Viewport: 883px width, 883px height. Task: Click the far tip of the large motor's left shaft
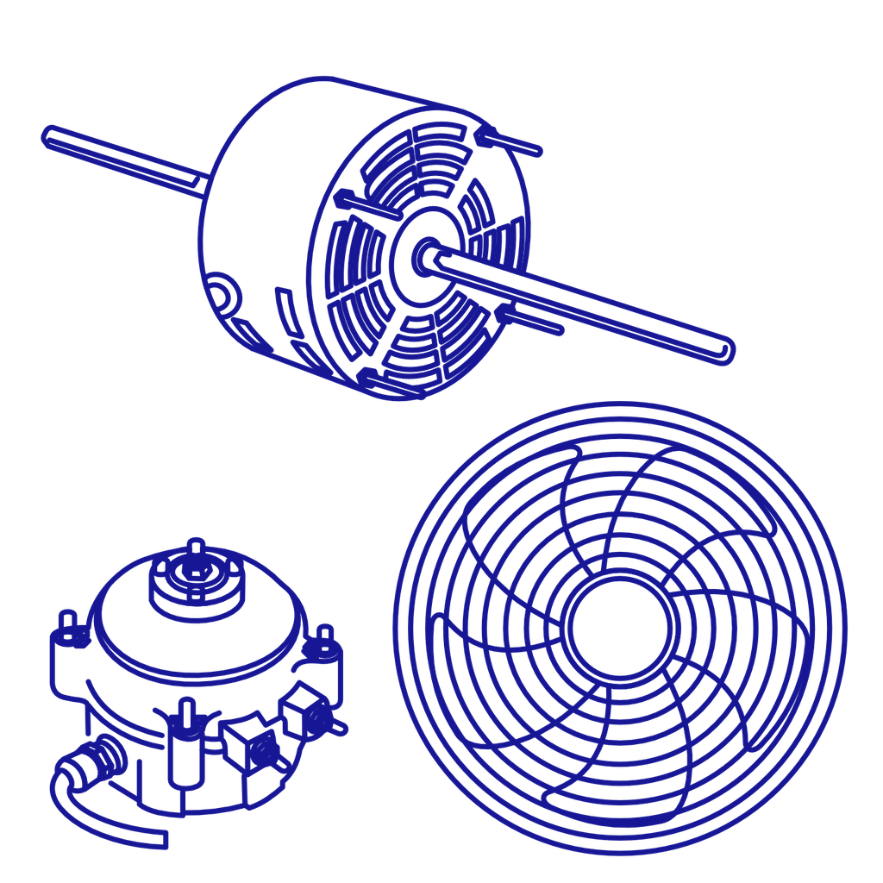48,135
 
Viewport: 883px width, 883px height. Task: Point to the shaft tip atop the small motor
196,547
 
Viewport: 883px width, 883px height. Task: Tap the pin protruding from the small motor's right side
340,729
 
